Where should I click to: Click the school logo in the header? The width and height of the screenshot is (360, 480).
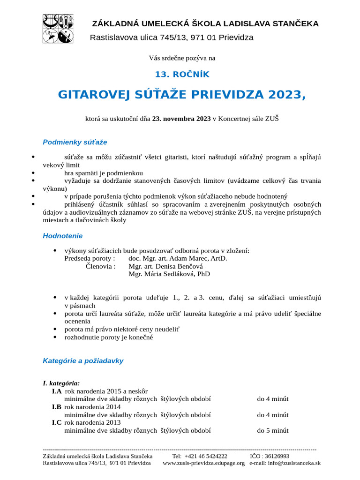[58, 29]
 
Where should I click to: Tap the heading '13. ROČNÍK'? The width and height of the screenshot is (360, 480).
[182, 74]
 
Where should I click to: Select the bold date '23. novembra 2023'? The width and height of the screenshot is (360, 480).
[181, 119]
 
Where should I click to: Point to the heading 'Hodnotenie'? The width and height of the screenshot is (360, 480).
[62, 236]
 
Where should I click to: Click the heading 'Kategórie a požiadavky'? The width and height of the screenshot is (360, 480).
[83, 361]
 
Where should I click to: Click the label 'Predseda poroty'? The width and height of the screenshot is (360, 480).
[89, 258]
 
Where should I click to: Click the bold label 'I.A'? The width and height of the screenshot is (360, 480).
[57, 391]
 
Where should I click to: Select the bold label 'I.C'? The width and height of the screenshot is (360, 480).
[57, 422]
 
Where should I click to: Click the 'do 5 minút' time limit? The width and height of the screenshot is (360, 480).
[272, 430]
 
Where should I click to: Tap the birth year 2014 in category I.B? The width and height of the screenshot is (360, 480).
[112, 407]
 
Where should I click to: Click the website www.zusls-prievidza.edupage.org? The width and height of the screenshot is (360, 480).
[203, 463]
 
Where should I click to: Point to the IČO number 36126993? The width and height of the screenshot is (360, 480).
[276, 456]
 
